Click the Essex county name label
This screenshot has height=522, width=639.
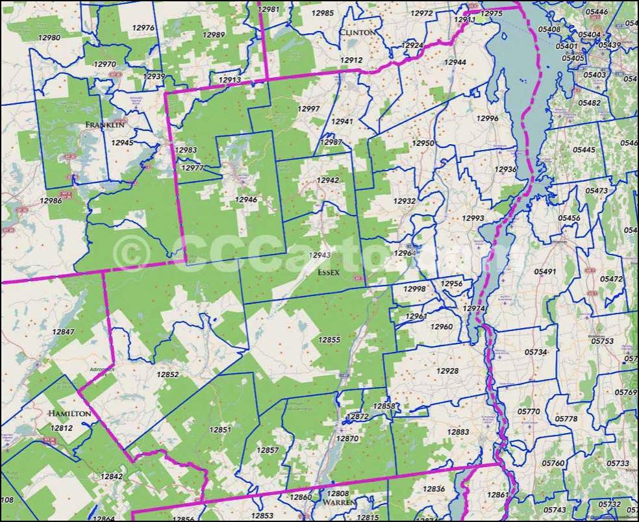[329, 273]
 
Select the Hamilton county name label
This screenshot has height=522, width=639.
[68, 413]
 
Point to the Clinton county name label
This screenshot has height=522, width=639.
[357, 32]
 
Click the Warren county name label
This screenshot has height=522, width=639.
[336, 503]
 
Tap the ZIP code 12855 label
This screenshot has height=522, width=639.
[329, 340]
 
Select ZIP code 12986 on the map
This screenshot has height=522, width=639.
[51, 201]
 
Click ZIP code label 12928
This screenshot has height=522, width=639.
[447, 371]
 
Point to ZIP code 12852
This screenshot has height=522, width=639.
[168, 375]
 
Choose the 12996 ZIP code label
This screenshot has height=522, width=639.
[487, 118]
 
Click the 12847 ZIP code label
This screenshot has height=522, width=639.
[63, 332]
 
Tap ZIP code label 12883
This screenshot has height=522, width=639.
[458, 432]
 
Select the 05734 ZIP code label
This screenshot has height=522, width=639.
[536, 352]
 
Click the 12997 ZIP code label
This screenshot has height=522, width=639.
[308, 108]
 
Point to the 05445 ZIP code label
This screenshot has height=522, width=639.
[584, 150]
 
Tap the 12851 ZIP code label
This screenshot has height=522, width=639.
[219, 430]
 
